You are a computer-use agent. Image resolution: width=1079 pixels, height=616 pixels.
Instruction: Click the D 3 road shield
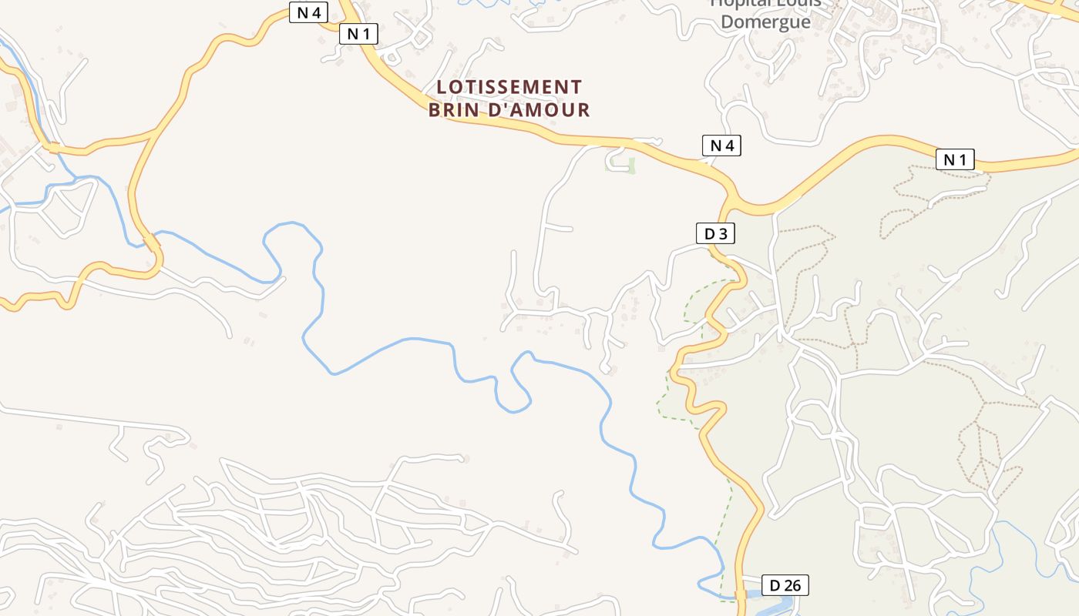[x=714, y=233]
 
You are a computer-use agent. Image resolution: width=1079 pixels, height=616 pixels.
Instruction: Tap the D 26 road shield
[x=785, y=585]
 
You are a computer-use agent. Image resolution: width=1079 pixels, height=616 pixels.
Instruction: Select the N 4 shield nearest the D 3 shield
[x=721, y=145]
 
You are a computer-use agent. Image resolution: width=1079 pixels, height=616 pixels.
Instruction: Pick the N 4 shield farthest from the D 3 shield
[x=308, y=12]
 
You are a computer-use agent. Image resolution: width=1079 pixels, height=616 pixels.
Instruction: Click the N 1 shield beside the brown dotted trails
[x=955, y=159]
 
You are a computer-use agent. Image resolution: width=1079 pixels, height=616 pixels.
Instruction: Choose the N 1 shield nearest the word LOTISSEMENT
[x=358, y=34]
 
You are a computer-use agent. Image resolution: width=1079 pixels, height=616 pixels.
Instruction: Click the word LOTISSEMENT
[x=509, y=87]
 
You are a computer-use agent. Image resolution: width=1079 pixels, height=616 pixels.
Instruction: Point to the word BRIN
[x=455, y=110]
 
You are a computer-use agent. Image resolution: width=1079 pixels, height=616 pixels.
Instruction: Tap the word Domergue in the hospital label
[x=765, y=22]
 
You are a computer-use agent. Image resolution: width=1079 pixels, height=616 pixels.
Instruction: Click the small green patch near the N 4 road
[x=631, y=165]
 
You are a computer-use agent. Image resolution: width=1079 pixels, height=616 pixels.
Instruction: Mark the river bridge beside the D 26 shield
[x=741, y=594]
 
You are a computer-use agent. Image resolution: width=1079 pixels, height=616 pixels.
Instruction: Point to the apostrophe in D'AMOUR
[x=506, y=105]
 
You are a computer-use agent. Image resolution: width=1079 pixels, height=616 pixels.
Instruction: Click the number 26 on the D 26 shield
[x=792, y=585]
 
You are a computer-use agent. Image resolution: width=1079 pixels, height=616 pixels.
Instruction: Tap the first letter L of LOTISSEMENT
[x=442, y=87]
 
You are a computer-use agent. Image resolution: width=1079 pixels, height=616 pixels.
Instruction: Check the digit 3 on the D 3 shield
[x=722, y=233]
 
